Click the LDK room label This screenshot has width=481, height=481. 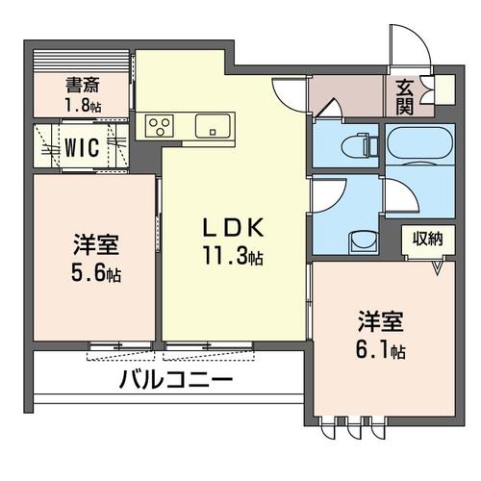232,228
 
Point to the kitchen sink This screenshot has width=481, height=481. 212,125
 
